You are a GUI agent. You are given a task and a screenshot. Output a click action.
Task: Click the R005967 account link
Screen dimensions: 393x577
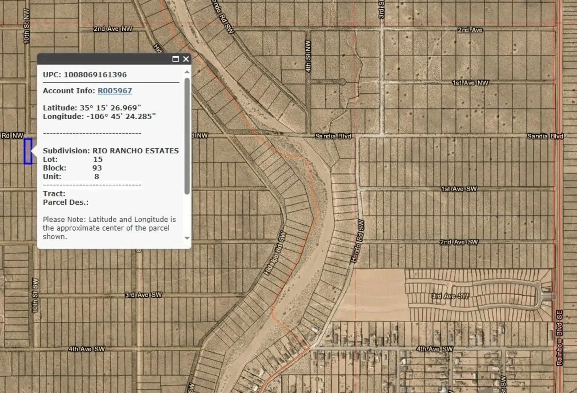[x=115, y=91]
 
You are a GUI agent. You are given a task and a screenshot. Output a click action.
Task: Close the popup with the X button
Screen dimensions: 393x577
[x=186, y=59]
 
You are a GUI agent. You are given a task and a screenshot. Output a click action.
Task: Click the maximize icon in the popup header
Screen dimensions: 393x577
[x=175, y=59]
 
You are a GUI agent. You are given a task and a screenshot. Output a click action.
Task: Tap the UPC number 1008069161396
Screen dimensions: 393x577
[x=95, y=75]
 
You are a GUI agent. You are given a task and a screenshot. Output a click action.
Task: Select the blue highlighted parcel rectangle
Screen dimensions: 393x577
[x=28, y=151]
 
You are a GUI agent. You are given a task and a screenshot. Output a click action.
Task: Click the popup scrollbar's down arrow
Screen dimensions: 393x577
[x=187, y=238]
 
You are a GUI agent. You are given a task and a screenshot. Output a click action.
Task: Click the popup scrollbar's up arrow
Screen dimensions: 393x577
[x=187, y=72]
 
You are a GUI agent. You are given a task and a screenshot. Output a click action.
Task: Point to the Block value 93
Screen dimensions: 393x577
[x=97, y=168]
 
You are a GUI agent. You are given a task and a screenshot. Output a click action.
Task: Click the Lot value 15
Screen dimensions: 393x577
[x=98, y=159]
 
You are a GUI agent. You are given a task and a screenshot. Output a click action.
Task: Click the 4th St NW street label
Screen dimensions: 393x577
[x=308, y=56]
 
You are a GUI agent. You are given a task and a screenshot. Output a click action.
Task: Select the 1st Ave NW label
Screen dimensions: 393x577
[x=470, y=83]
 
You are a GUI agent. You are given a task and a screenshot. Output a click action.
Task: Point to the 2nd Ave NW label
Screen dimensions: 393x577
[x=113, y=29]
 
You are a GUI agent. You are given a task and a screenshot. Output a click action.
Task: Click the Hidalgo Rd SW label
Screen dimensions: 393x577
[x=275, y=253]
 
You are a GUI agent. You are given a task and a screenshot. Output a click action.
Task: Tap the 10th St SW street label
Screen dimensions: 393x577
[x=35, y=295]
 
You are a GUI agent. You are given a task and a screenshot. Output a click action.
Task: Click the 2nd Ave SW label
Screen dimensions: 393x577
[x=459, y=242]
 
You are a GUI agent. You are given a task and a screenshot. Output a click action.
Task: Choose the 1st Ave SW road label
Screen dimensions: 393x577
[x=459, y=189]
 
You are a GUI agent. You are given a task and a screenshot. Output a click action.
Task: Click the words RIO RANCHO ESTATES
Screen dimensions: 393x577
[x=135, y=151]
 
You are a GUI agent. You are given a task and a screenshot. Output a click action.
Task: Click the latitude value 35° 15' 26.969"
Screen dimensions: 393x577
[x=110, y=108]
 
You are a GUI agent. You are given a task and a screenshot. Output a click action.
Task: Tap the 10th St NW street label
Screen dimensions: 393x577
[x=26, y=26]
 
